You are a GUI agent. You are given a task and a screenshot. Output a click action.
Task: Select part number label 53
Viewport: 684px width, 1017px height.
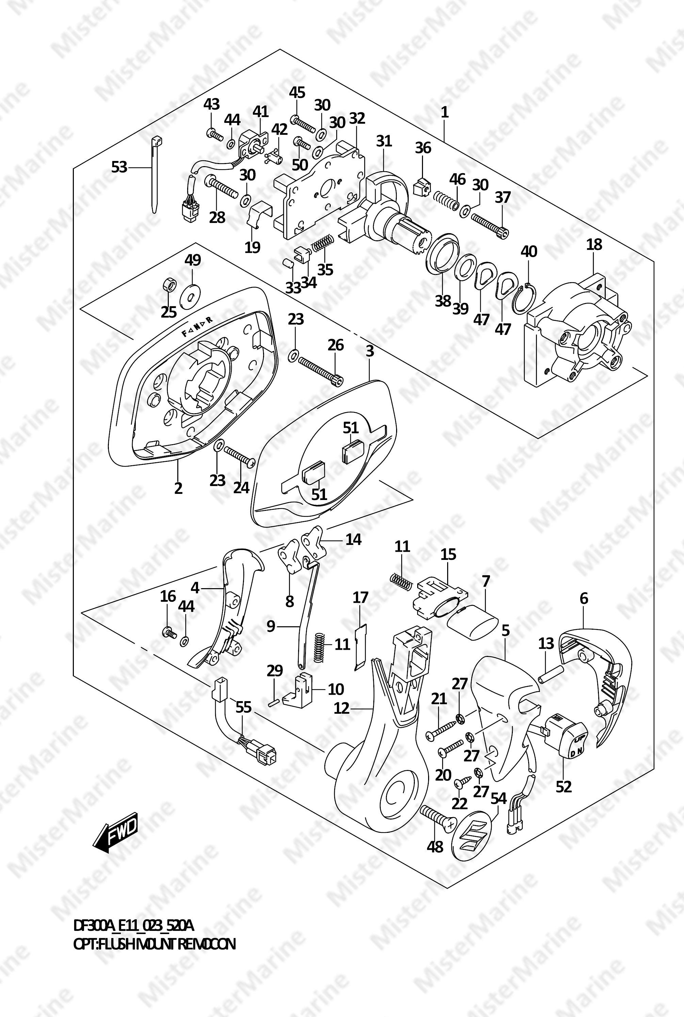[x=119, y=167]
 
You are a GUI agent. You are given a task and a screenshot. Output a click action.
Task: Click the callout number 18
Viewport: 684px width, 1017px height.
[x=594, y=244]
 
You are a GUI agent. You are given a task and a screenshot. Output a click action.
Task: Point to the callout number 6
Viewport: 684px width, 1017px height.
[x=584, y=598]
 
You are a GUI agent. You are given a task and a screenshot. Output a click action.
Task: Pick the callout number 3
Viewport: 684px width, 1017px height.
[x=370, y=351]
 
